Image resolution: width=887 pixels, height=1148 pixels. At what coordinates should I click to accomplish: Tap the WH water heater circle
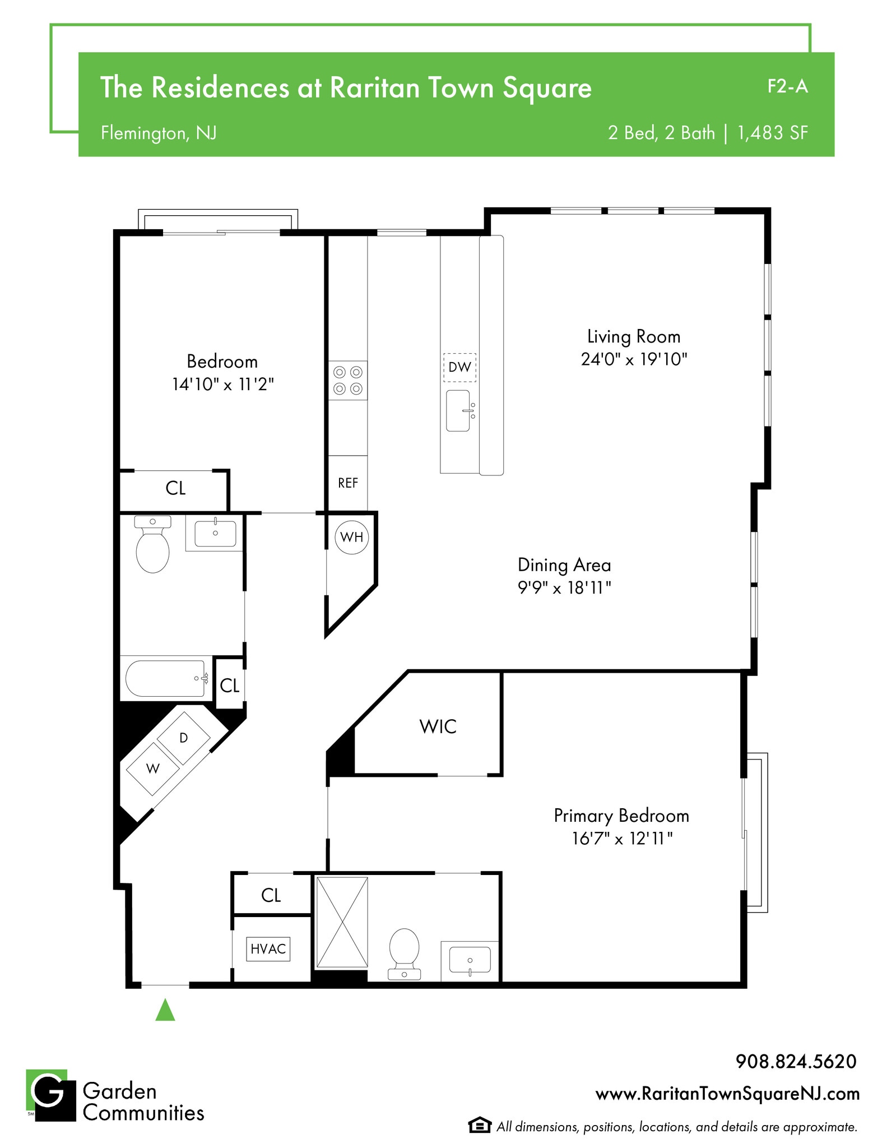coord(352,537)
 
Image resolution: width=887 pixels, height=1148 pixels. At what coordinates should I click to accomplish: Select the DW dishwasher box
coord(459,367)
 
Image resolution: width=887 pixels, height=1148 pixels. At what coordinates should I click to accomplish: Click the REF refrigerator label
coord(348,483)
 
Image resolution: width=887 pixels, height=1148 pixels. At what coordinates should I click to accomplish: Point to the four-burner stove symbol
coord(348,380)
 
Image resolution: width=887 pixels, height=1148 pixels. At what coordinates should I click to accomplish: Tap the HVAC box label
coord(268,949)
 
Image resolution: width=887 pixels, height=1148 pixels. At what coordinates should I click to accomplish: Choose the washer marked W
coord(153,769)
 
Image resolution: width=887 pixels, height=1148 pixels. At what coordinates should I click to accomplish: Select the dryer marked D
coord(183,738)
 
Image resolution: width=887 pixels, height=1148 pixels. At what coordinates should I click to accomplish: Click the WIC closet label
coord(438,726)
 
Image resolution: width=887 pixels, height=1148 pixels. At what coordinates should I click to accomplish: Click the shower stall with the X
coord(342,922)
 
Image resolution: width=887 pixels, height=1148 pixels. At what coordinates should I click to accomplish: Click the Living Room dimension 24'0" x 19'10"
coord(634,359)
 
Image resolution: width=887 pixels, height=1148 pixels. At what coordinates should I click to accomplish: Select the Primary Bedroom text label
coord(621,816)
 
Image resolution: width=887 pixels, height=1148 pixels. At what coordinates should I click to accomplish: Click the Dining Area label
coord(564,564)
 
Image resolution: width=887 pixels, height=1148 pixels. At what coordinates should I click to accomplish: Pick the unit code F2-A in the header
coord(787,86)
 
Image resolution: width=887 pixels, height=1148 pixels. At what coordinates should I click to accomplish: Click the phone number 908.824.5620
coord(796,1061)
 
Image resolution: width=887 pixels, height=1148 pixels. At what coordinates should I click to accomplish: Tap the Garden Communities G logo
coord(50,1095)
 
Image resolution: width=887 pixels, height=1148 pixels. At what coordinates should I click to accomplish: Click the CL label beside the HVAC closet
coord(271,895)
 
